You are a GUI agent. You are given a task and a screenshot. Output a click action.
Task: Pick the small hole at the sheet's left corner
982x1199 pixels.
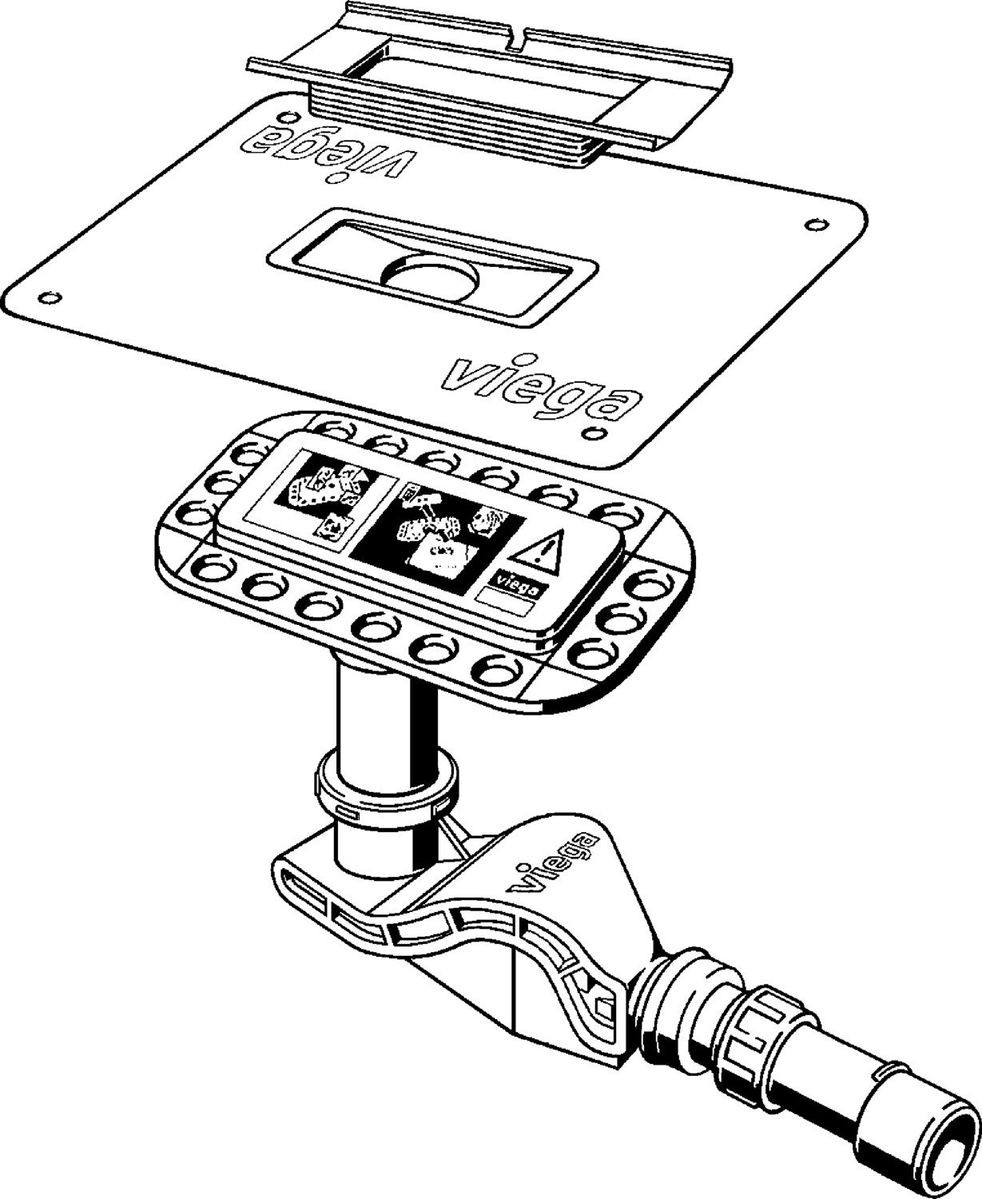tap(50, 297)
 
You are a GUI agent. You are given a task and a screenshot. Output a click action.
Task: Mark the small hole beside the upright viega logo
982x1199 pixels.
tap(594, 432)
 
